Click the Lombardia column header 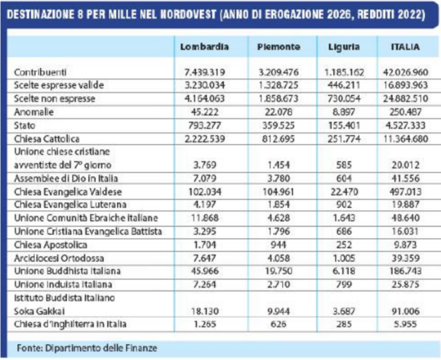[x=205, y=47]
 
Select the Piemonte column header [x=278, y=47]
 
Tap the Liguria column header [x=344, y=47]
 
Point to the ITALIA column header [x=405, y=47]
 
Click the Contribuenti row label [x=40, y=72]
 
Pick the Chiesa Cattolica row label [x=47, y=139]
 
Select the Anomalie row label [x=34, y=112]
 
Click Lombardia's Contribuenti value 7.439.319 [x=205, y=72]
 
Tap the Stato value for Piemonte [x=278, y=126]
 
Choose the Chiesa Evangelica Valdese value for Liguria [x=344, y=192]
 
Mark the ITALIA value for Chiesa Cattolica [x=406, y=139]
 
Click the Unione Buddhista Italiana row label [x=68, y=271]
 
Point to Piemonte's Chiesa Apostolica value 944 [x=278, y=245]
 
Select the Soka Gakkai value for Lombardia [x=205, y=311]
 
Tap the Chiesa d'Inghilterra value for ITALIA [x=405, y=324]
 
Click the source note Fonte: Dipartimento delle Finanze [x=87, y=348]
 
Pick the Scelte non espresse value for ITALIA [x=406, y=99]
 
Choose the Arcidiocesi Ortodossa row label [x=59, y=258]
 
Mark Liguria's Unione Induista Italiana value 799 [x=344, y=284]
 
